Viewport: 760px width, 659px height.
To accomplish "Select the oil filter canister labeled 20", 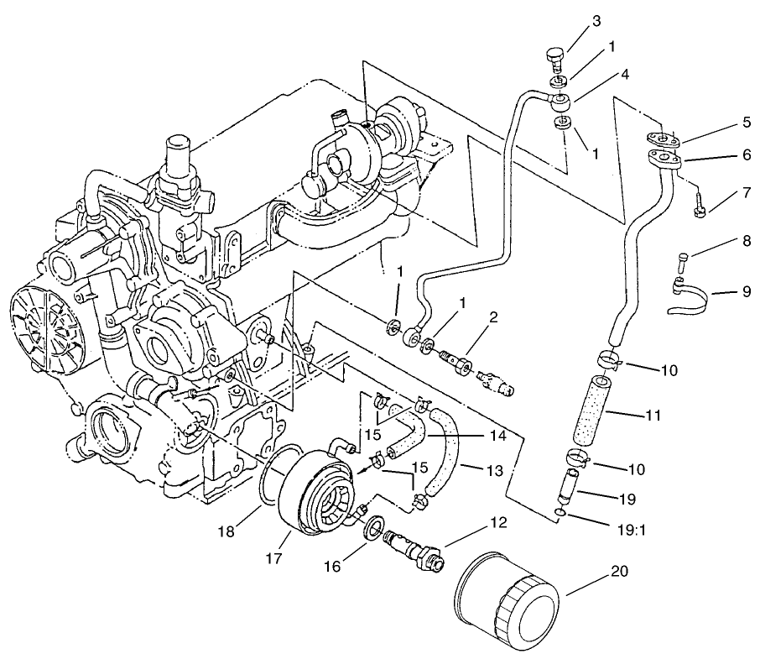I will [506, 602].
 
